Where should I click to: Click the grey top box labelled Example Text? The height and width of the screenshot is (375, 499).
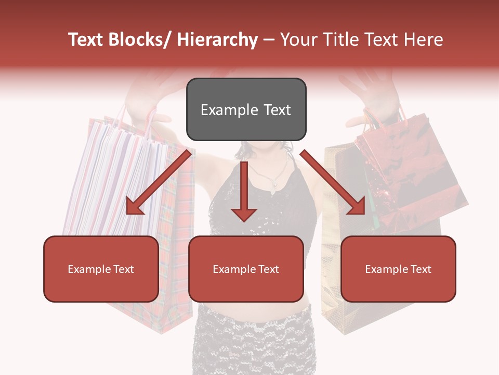pos(246,109)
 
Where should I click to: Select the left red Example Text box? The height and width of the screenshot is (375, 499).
pos(101,269)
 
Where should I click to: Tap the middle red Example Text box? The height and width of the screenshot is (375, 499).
pos(246,269)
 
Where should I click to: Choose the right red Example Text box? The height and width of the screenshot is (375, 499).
pos(398,269)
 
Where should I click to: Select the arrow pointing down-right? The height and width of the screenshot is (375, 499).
pos(333,182)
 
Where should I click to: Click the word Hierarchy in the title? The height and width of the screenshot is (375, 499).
pos(217,40)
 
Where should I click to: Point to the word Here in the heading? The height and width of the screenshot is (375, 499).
pos(424,40)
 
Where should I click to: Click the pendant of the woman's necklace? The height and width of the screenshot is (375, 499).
pos(274,183)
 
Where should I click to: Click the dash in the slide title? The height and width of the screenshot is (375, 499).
pos(268,40)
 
